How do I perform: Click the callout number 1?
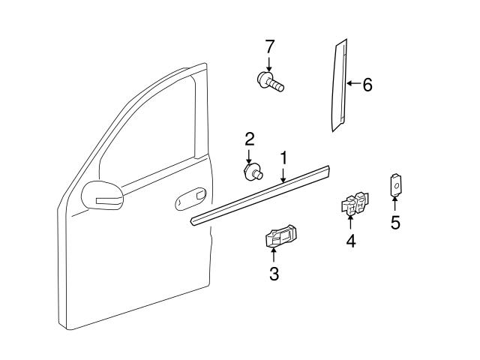tap(284, 157)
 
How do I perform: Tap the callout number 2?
tap(250, 139)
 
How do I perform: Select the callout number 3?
tap(274, 274)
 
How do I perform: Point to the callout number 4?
tap(350, 241)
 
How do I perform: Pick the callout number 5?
tap(395, 223)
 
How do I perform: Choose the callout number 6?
tap(367, 85)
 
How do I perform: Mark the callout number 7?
tap(269, 46)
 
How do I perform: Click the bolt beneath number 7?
tap(270, 81)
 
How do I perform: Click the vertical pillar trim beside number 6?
tap(339, 86)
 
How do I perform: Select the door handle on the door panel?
tap(189, 199)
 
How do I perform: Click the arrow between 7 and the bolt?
tap(269, 63)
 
